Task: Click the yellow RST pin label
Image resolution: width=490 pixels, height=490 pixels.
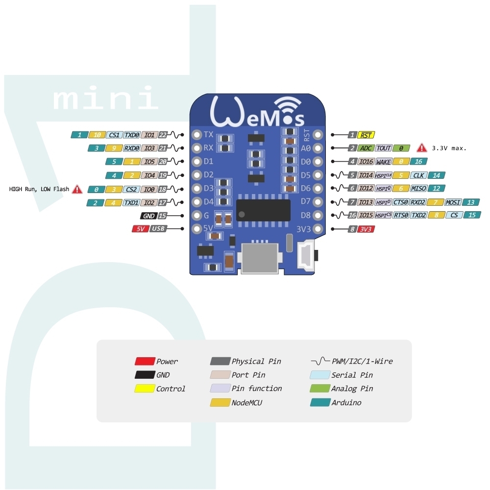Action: [367, 135]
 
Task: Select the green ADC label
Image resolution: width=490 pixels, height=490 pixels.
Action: [366, 148]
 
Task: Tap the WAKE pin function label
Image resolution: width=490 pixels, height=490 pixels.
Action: [383, 161]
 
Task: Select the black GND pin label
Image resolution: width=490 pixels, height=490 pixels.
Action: [148, 215]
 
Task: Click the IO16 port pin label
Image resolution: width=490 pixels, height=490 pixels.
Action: [366, 161]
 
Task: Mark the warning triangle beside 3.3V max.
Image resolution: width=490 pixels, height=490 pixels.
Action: [421, 147]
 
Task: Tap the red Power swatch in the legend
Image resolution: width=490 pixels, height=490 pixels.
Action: [145, 361]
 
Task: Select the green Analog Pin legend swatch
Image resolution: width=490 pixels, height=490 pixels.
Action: [320, 389]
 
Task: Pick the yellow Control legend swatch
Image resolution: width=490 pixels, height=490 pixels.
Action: [145, 389]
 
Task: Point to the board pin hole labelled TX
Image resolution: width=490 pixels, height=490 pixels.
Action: [197, 135]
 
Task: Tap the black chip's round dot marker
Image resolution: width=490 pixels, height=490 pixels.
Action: [242, 214]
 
